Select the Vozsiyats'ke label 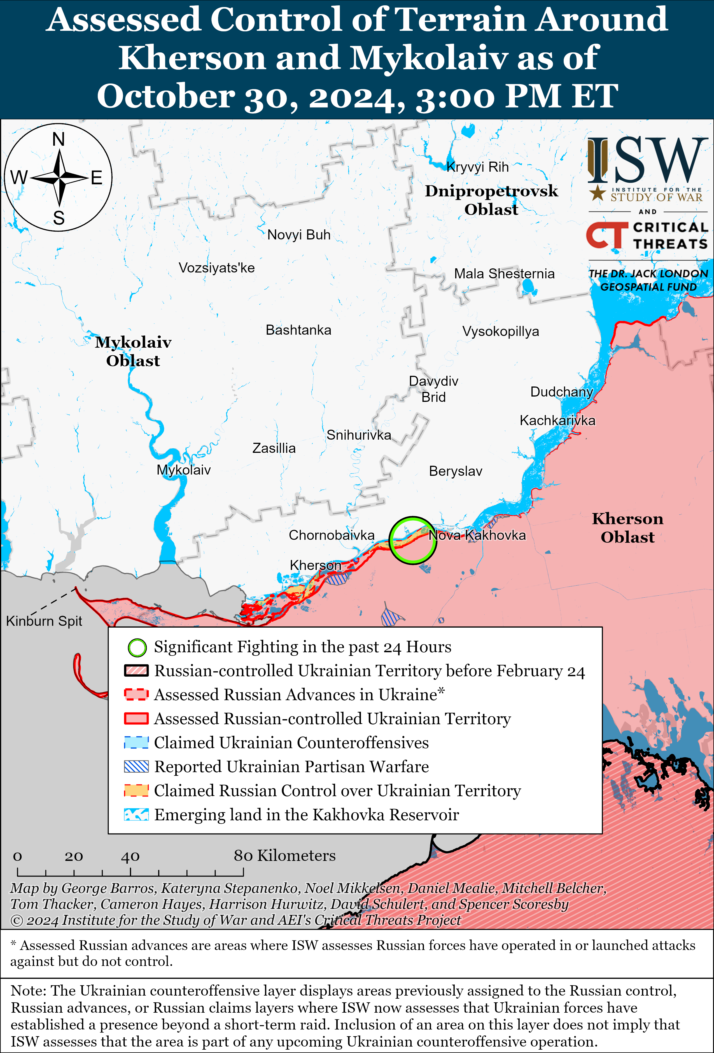216,268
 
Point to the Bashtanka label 298,330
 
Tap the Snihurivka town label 358,435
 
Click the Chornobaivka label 331,535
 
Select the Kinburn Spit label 44,621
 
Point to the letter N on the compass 59,139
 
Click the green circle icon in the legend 137,647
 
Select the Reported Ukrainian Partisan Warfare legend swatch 136,767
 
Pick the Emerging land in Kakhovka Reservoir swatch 136,815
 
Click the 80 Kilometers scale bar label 284,856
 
